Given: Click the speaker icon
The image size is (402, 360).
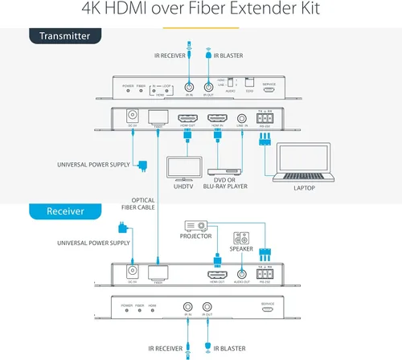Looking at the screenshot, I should coord(240,239).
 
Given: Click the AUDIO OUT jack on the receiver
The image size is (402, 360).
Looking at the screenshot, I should coord(240,273).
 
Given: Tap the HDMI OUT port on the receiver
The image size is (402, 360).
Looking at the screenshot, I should coord(216,273).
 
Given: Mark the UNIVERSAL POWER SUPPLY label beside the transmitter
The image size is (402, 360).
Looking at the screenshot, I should coord(93,166).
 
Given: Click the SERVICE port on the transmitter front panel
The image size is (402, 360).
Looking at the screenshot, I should coord(269,91).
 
